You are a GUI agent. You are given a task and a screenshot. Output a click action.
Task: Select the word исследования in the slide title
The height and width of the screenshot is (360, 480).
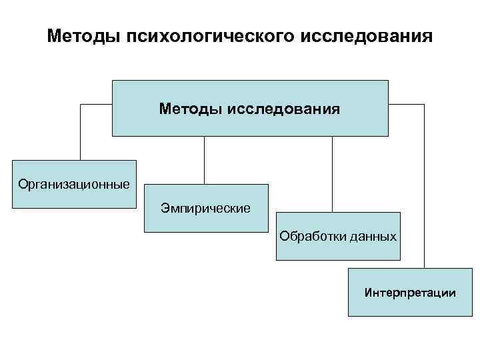(x=361, y=35)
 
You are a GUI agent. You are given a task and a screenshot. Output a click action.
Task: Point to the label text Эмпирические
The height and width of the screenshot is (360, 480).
(x=206, y=209)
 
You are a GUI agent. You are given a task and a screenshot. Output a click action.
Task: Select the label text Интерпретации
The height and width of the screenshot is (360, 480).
(x=410, y=292)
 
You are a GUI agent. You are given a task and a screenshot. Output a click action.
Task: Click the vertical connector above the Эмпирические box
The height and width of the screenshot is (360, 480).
(x=204, y=160)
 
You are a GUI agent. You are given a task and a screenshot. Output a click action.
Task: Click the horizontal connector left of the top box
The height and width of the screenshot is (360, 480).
(x=96, y=105)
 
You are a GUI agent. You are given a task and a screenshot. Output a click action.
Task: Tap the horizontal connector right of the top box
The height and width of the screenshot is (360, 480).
(x=406, y=105)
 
